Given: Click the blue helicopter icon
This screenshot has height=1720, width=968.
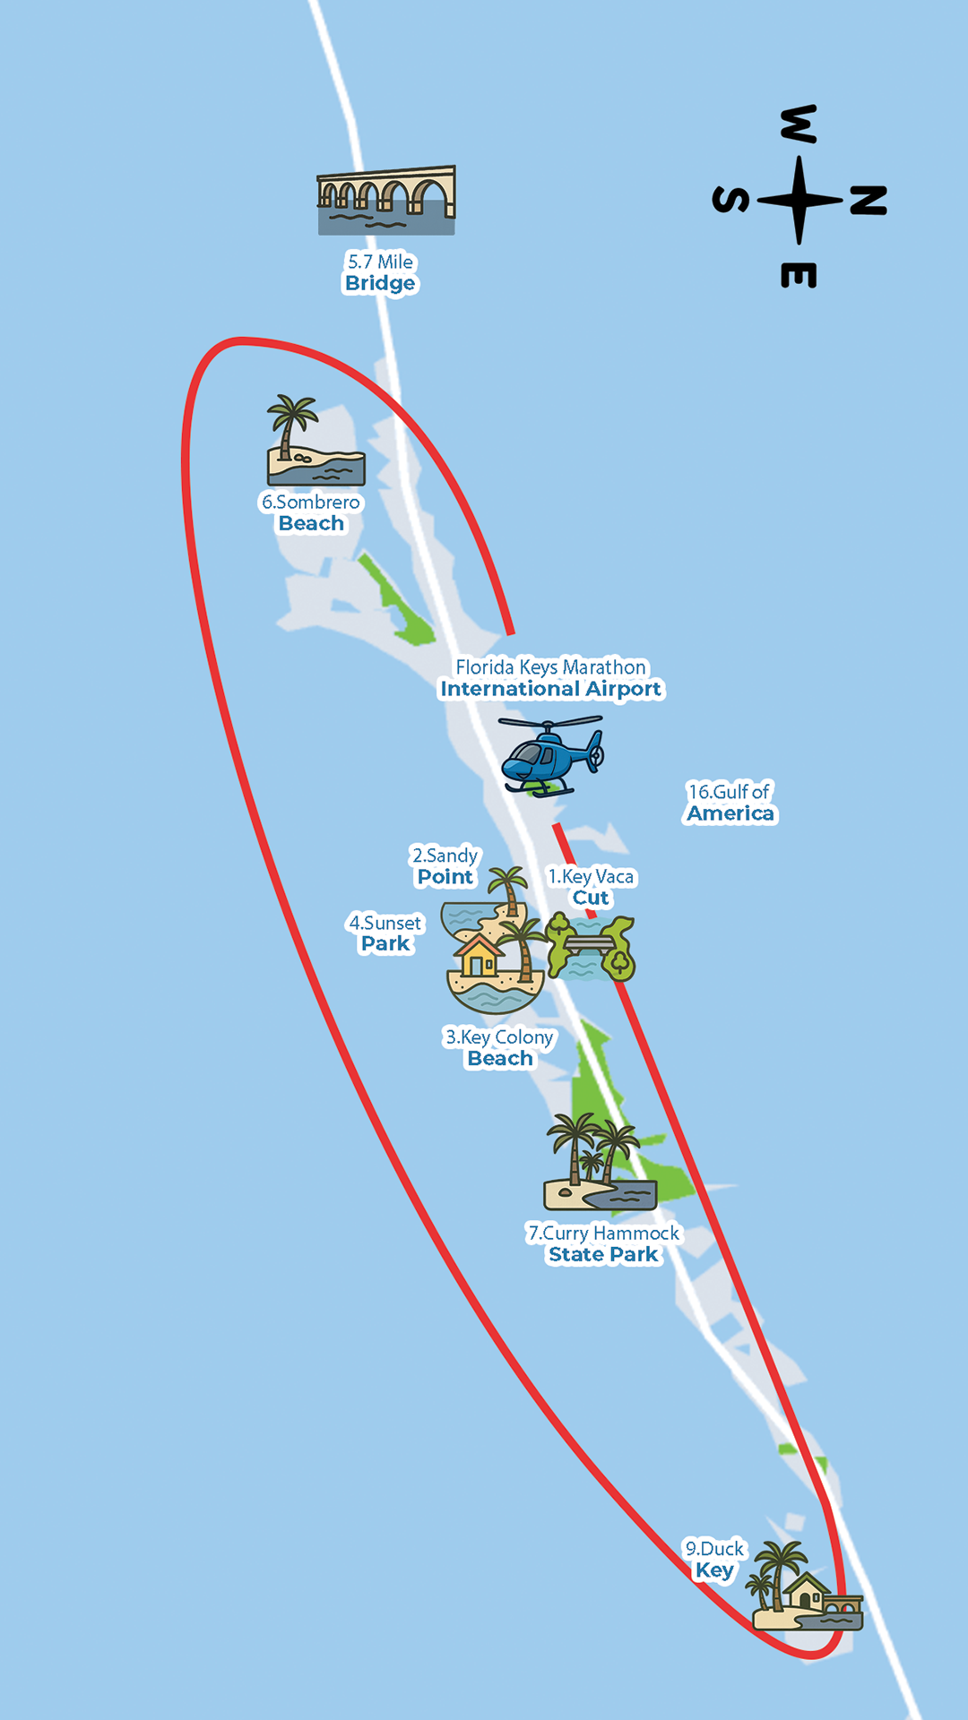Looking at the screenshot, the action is click(x=550, y=758).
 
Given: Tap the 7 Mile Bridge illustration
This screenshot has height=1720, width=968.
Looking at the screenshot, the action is click(x=386, y=201).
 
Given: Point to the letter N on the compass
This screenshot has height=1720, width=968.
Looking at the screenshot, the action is click(x=868, y=201).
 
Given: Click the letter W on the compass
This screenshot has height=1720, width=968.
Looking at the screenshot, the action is click(x=799, y=124).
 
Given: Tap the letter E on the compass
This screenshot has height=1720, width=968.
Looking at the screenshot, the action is click(x=799, y=275).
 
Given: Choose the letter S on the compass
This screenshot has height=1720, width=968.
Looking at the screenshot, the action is click(x=730, y=201).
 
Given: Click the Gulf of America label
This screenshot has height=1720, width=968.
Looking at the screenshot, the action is click(x=730, y=803).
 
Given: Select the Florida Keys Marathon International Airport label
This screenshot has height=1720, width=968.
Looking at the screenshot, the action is click(x=550, y=678).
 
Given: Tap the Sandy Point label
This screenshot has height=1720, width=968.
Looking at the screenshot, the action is click(x=445, y=866).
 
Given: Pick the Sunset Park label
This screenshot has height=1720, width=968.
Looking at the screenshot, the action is click(x=385, y=933).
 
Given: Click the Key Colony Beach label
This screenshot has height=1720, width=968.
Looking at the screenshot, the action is click(x=499, y=1048).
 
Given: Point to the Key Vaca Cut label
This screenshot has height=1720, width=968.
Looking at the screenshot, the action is click(x=591, y=887).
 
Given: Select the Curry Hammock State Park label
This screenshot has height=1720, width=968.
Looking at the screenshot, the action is click(x=603, y=1244).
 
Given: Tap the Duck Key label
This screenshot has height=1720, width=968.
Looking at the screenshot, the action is click(x=714, y=1560).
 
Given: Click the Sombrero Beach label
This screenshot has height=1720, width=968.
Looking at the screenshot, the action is click(x=311, y=513).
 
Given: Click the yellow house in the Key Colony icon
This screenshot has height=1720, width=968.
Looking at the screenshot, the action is click(x=479, y=956).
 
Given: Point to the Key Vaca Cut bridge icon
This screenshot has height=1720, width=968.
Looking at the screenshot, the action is click(x=590, y=946).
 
